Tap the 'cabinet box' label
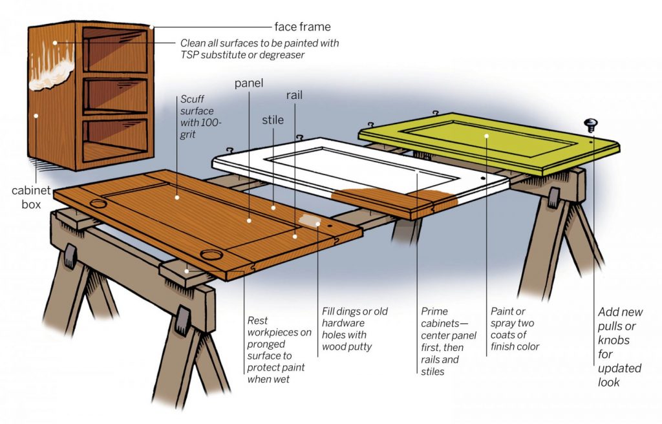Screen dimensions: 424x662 click(27, 197)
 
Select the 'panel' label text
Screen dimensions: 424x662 click(249, 83)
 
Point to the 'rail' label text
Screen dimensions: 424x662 click(295, 95)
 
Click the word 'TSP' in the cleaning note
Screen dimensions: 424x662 click(191, 56)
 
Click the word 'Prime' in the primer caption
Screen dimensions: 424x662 click(434, 312)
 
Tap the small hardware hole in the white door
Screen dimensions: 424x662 click(482, 176)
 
